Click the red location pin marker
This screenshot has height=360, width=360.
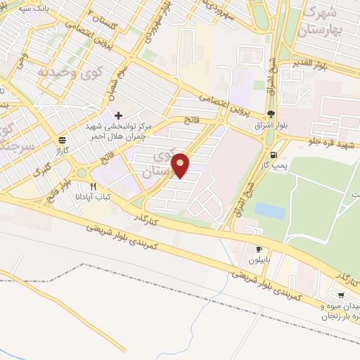[x=181, y=165]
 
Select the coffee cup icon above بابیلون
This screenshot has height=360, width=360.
[x=259, y=249]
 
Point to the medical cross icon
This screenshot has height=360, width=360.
[x=118, y=115]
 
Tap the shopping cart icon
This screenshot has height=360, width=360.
[x=341, y=295]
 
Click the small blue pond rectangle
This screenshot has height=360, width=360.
[x=269, y=210]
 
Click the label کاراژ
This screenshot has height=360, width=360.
[x=58, y=150]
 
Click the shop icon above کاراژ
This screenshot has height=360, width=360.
[x=63, y=139]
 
